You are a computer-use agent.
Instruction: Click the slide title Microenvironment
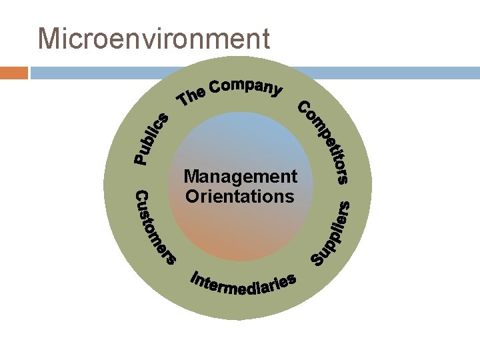pyautogui.click(x=154, y=38)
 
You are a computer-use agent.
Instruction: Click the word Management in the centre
pyautogui.click(x=240, y=177)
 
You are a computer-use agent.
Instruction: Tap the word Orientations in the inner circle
pyautogui.click(x=240, y=196)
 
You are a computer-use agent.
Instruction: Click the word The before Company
pyautogui.click(x=191, y=98)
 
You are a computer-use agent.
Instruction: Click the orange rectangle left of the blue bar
pyautogui.click(x=14, y=72)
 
